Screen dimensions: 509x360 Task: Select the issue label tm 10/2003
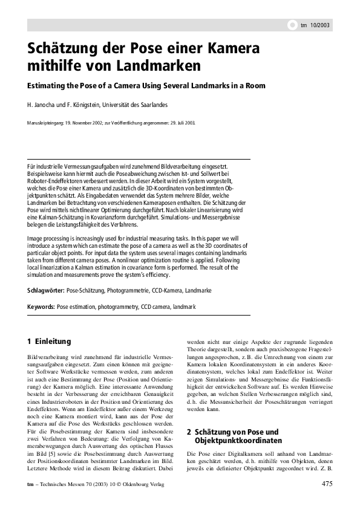pos(316,25)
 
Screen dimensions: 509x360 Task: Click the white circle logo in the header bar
pos(291,25)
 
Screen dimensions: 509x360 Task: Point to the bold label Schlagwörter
pos(46,291)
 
